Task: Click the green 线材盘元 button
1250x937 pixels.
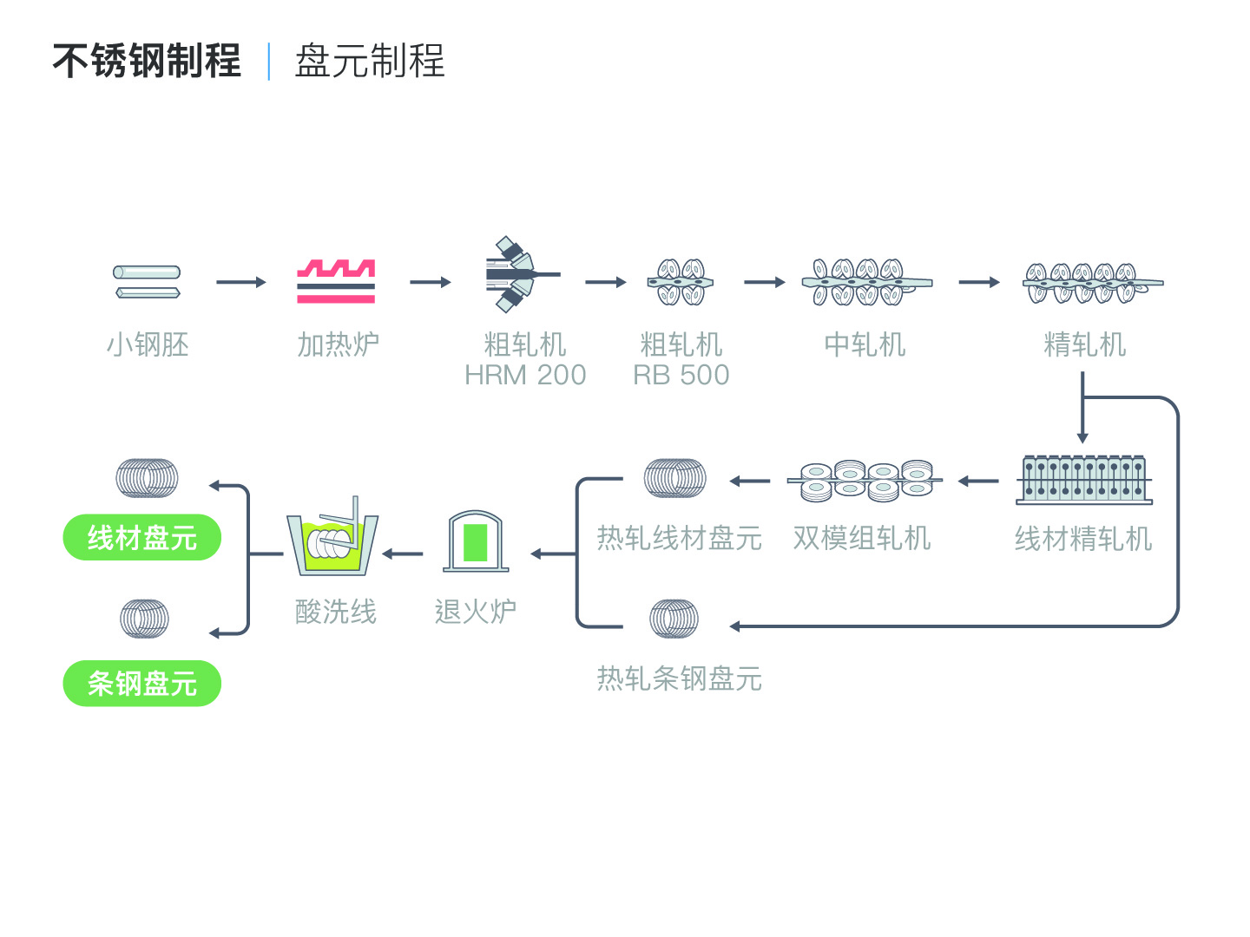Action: point(141,537)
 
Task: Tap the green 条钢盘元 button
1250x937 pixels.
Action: point(141,684)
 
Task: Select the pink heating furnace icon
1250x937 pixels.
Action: point(336,281)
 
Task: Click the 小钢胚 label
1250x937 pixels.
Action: point(148,344)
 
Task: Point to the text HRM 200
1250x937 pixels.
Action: point(525,375)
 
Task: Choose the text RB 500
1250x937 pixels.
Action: point(681,375)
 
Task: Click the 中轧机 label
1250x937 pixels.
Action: point(865,344)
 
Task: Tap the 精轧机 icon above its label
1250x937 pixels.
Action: point(1093,283)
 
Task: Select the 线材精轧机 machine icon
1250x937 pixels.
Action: point(1083,480)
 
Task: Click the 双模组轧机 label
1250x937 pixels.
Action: point(862,538)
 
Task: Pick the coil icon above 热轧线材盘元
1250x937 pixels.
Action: point(674,478)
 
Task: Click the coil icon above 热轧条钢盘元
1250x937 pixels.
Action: point(674,619)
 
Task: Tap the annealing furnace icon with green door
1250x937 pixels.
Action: point(476,541)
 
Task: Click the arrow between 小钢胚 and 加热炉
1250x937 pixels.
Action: point(241,282)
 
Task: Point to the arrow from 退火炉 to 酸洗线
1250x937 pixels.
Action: point(402,554)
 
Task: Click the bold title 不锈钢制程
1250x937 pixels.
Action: point(147,61)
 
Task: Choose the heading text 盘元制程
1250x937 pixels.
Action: point(370,61)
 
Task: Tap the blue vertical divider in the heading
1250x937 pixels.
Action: point(269,61)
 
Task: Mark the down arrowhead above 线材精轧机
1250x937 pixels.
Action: point(1082,438)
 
